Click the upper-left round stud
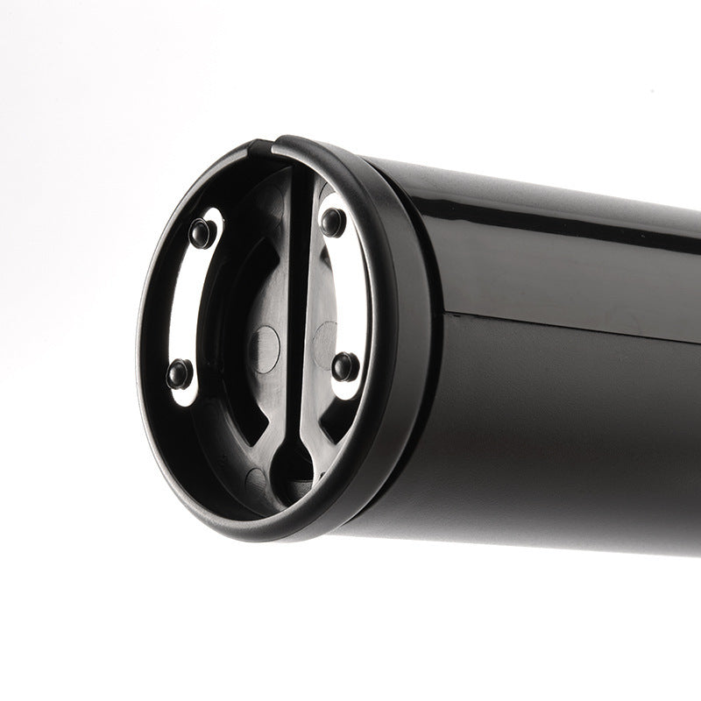pyautogui.click(x=202, y=232)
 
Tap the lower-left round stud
pyautogui.click(x=180, y=373)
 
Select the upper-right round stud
pyautogui.click(x=333, y=222)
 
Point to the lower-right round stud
pyautogui.click(x=345, y=365)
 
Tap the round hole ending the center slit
pyautogui.click(x=293, y=460)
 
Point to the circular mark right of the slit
pyautogui.click(x=326, y=336)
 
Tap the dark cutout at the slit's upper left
pyautogui.click(x=263, y=219)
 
